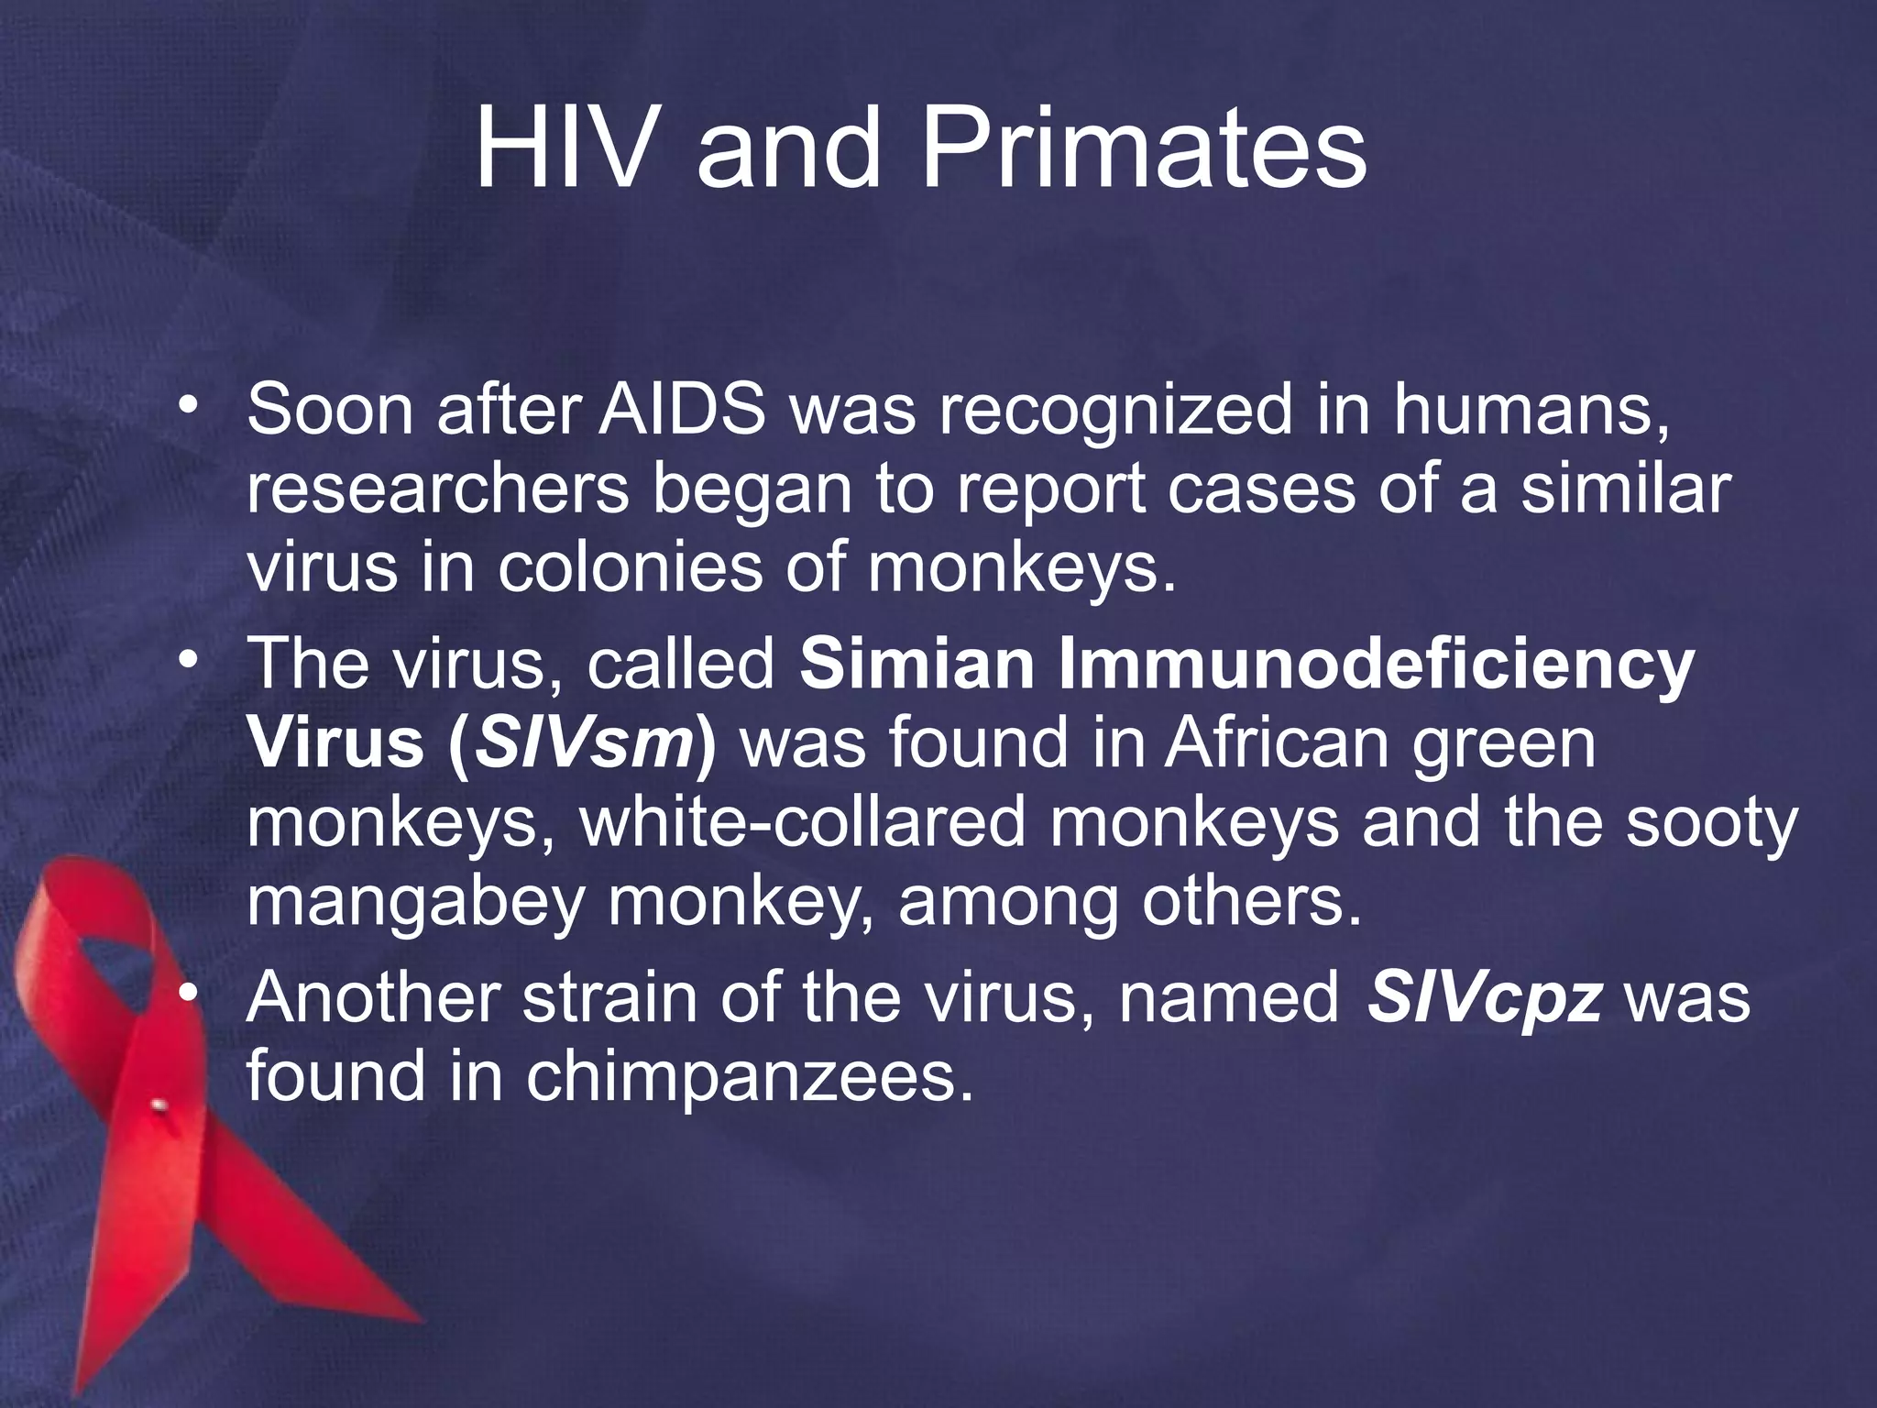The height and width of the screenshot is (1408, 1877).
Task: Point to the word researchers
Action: tap(437, 489)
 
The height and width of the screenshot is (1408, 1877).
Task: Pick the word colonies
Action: tap(631, 568)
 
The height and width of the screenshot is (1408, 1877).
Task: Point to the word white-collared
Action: tap(802, 823)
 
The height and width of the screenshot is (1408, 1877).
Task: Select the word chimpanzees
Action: tap(747, 1076)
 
